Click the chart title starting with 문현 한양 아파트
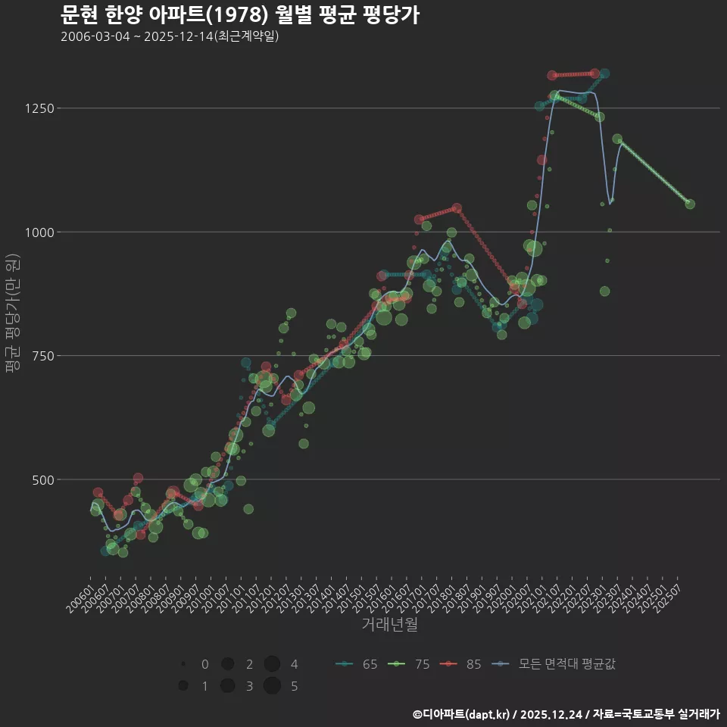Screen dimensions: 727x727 [239, 15]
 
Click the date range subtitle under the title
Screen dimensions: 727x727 [170, 36]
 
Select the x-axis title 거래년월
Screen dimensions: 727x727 [390, 625]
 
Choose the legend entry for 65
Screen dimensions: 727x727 [357, 665]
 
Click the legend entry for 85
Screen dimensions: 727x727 [462, 665]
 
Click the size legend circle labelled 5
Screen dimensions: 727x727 [273, 686]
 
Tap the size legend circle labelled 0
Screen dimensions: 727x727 [183, 664]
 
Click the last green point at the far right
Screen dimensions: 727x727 [690, 204]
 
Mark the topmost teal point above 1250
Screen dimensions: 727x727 [604, 73]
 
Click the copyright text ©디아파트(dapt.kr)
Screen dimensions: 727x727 [462, 714]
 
